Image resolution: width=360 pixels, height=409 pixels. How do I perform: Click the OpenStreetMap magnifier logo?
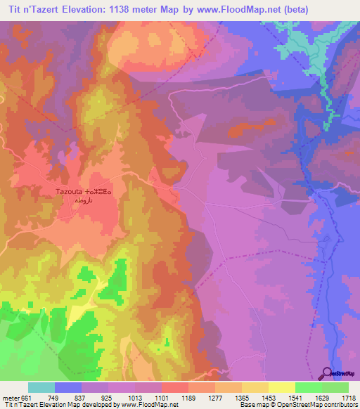328,375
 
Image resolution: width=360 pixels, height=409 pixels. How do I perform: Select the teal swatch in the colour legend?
41,387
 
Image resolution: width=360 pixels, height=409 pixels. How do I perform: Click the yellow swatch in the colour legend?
281,387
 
